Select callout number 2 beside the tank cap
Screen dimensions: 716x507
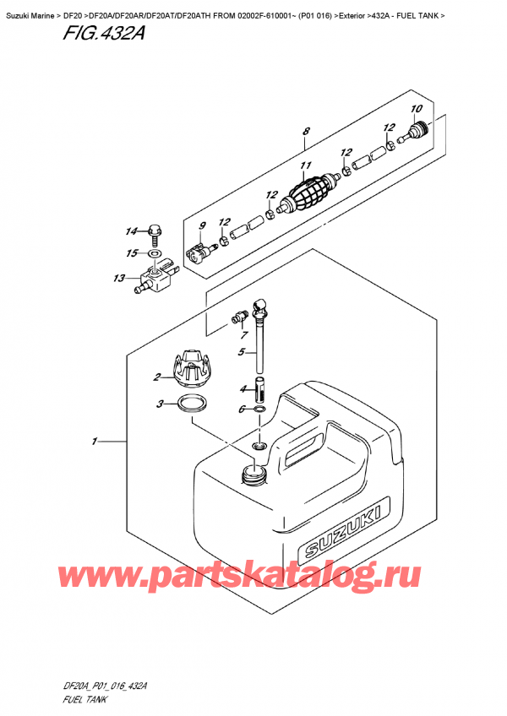(158, 377)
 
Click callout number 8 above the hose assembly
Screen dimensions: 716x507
(306, 131)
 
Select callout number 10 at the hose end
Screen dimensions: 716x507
(415, 109)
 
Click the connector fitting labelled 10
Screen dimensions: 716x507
(417, 131)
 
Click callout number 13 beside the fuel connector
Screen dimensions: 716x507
(118, 278)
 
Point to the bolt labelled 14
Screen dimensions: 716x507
(154, 229)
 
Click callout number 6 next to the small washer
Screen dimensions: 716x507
(242, 410)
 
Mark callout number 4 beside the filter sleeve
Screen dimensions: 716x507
(242, 388)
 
